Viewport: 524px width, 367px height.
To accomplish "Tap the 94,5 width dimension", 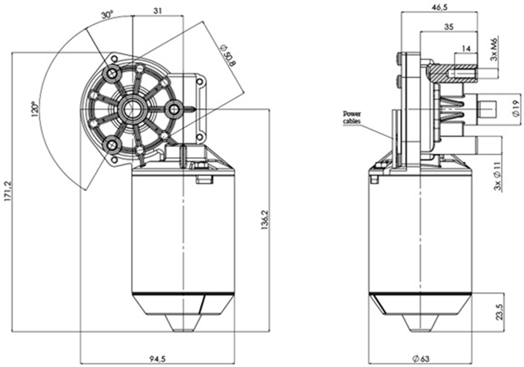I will click(x=156, y=357).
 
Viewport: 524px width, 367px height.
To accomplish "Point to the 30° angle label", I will click(x=108, y=15).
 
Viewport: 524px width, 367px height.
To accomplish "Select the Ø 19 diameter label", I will click(x=514, y=110).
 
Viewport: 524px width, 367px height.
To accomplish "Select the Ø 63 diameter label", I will click(x=421, y=357).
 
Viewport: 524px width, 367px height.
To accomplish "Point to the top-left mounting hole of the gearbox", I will click(x=112, y=75).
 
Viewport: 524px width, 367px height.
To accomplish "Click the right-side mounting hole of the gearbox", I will click(x=174, y=110).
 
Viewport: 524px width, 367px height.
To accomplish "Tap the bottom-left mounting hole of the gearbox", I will click(x=112, y=145).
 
